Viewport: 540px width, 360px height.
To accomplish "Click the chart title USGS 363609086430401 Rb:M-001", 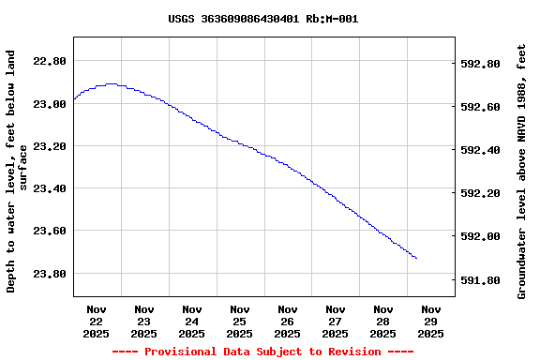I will [262, 19].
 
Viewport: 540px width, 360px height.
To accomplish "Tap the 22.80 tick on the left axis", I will [49, 61].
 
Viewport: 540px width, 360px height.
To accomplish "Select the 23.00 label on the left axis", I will [49, 104].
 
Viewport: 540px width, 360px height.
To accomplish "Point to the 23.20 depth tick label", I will [49, 146].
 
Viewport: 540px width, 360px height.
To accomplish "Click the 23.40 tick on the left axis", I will [49, 188].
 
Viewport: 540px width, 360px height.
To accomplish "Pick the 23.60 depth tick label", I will [49, 231].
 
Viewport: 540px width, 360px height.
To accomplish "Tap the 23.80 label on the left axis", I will [49, 274].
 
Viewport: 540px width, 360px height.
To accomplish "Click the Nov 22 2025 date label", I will [97, 321].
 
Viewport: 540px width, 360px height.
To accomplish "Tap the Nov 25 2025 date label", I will [240, 321].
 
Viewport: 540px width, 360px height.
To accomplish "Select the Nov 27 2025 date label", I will [336, 321].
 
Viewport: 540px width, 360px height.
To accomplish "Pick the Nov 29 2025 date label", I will [431, 321].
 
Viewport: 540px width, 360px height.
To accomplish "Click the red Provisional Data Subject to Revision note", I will [262, 352].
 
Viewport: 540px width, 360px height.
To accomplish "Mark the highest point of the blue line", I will [112, 83].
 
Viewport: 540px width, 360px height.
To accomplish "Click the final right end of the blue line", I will [416, 258].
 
